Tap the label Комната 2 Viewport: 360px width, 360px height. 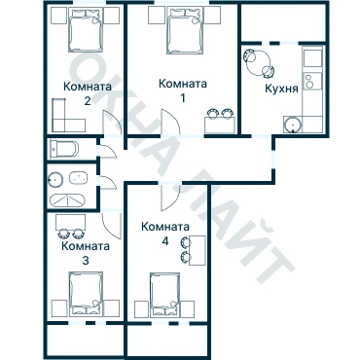pyautogui.click(x=88, y=94)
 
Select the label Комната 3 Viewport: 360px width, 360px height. pyautogui.click(x=86, y=253)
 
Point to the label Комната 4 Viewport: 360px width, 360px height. pyautogui.click(x=165, y=234)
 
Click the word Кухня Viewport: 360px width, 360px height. pyautogui.click(x=281, y=89)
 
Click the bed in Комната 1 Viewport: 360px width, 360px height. pyautogui.click(x=185, y=31)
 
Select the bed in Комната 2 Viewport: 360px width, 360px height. pyautogui.click(x=86, y=30)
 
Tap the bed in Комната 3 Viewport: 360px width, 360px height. pyautogui.click(x=86, y=294)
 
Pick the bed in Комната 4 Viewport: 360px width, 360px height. pyautogui.click(x=164, y=294)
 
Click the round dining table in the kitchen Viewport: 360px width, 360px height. pyautogui.click(x=259, y=63)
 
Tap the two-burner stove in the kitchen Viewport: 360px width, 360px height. pyautogui.click(x=312, y=81)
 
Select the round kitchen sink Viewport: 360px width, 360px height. pyautogui.click(x=293, y=125)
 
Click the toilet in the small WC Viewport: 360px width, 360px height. pyautogui.click(x=63, y=150)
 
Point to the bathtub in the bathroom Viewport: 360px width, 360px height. pyautogui.click(x=67, y=200)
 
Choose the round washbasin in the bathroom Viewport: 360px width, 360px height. pyautogui.click(x=55, y=179)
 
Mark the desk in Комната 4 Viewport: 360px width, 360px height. pyautogui.click(x=197, y=251)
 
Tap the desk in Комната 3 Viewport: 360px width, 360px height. pyautogui.click(x=70, y=222)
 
